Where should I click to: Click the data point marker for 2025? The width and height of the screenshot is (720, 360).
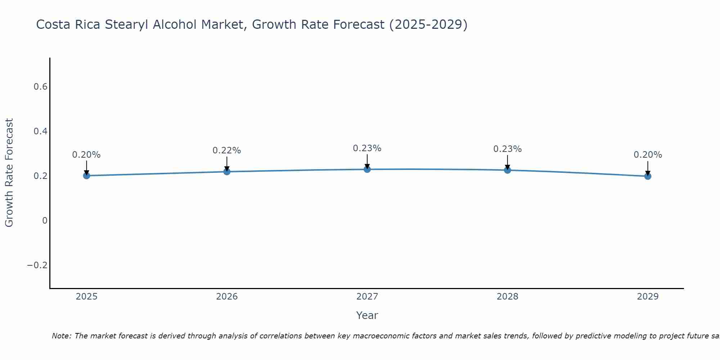coord(86,176)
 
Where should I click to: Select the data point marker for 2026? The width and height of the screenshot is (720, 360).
coord(227,172)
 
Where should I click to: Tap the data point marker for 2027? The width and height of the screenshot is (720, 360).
coord(367,169)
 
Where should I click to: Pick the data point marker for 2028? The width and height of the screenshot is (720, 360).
coord(507,170)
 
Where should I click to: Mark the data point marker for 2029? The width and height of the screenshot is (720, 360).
coord(648,176)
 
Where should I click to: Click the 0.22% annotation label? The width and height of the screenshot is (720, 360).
coord(227,150)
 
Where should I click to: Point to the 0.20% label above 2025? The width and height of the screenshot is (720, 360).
coord(86,155)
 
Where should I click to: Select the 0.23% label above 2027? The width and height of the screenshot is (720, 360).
coord(367,148)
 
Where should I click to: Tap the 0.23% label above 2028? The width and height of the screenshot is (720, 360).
coord(507,149)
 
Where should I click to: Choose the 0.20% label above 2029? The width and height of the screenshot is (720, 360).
coord(648,155)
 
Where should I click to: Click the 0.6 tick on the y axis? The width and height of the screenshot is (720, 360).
coord(40,87)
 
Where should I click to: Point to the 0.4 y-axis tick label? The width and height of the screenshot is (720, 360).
coord(40,131)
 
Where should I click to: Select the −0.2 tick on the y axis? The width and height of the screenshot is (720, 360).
coord(37,265)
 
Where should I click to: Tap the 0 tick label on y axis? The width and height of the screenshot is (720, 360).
coord(45,221)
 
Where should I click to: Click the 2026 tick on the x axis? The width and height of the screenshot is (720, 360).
coord(227,297)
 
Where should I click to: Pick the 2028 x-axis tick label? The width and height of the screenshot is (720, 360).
coord(507,297)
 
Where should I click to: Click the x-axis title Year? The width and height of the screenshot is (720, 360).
coord(367,315)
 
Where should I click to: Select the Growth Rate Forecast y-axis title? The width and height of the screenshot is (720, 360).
coord(9,173)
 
